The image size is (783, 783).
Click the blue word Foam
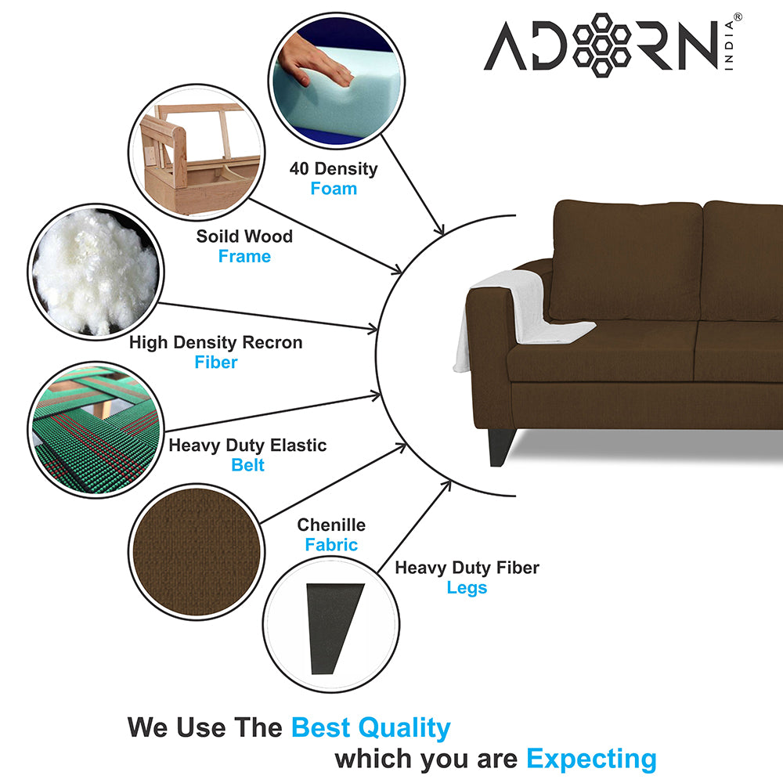pos(334,189)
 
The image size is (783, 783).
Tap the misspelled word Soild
pos(215,236)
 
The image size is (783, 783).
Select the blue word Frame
pos(244,256)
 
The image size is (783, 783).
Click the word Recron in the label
pos(272,343)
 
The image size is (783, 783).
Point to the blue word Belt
pos(247,465)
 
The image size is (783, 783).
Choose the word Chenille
pos(331,525)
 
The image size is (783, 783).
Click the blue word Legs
pos(467,588)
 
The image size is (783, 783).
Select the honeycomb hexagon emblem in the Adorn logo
pos(601,45)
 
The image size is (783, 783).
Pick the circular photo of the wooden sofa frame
pos(197,153)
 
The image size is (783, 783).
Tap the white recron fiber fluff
pos(95,272)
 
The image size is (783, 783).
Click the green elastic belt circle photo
pos(96,429)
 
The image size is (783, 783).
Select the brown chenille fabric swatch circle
pos(197,552)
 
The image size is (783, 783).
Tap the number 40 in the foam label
pos(300,169)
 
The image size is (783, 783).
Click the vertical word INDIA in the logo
pos(729,45)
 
